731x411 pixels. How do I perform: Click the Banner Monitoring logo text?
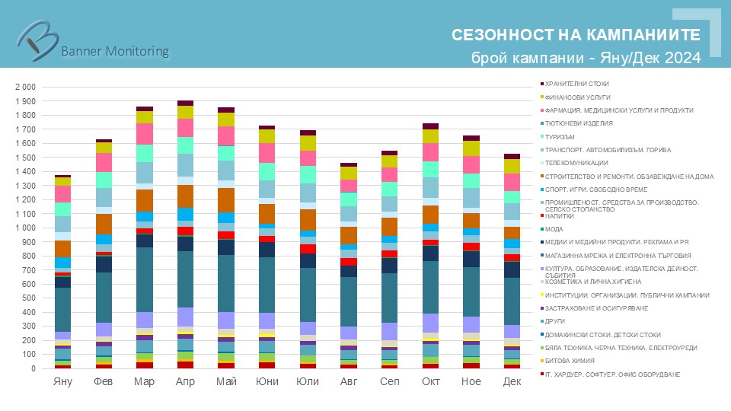(114, 51)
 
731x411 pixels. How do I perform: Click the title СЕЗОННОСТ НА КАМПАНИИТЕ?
(576, 36)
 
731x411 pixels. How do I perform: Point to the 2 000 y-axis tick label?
(25, 87)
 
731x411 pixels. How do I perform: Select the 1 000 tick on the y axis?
(25, 228)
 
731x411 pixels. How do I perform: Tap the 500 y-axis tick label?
(29, 298)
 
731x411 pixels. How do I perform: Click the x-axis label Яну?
(62, 381)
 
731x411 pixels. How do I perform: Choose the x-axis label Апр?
(185, 381)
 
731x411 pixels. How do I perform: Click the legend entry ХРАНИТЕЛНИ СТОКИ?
(576, 84)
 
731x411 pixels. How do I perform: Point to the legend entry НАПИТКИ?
(560, 216)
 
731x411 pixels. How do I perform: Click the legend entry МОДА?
(554, 229)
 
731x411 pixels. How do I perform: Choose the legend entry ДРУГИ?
(555, 321)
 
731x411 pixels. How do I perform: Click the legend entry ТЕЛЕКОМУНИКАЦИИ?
(576, 163)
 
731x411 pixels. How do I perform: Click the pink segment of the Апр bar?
(185, 127)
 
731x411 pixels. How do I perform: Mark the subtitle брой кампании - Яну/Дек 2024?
(586, 59)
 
